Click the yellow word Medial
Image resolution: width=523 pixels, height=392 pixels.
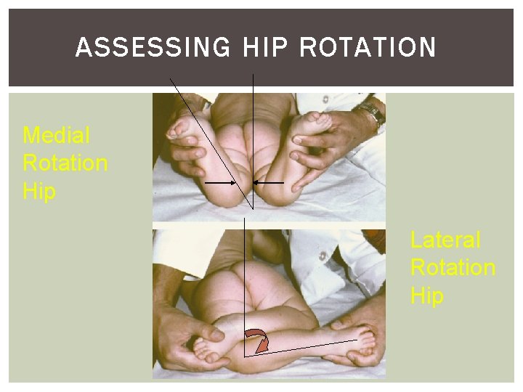point(57,136)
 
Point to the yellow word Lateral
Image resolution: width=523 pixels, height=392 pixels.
point(445,240)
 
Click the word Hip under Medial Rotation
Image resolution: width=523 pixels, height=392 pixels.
point(39,191)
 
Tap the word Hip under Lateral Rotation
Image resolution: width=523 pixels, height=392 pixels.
point(427,295)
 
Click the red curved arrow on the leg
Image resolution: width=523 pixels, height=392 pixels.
point(259,338)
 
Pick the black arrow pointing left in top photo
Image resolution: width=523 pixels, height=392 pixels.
point(268,184)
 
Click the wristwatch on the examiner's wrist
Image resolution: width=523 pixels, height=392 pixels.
point(371,113)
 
